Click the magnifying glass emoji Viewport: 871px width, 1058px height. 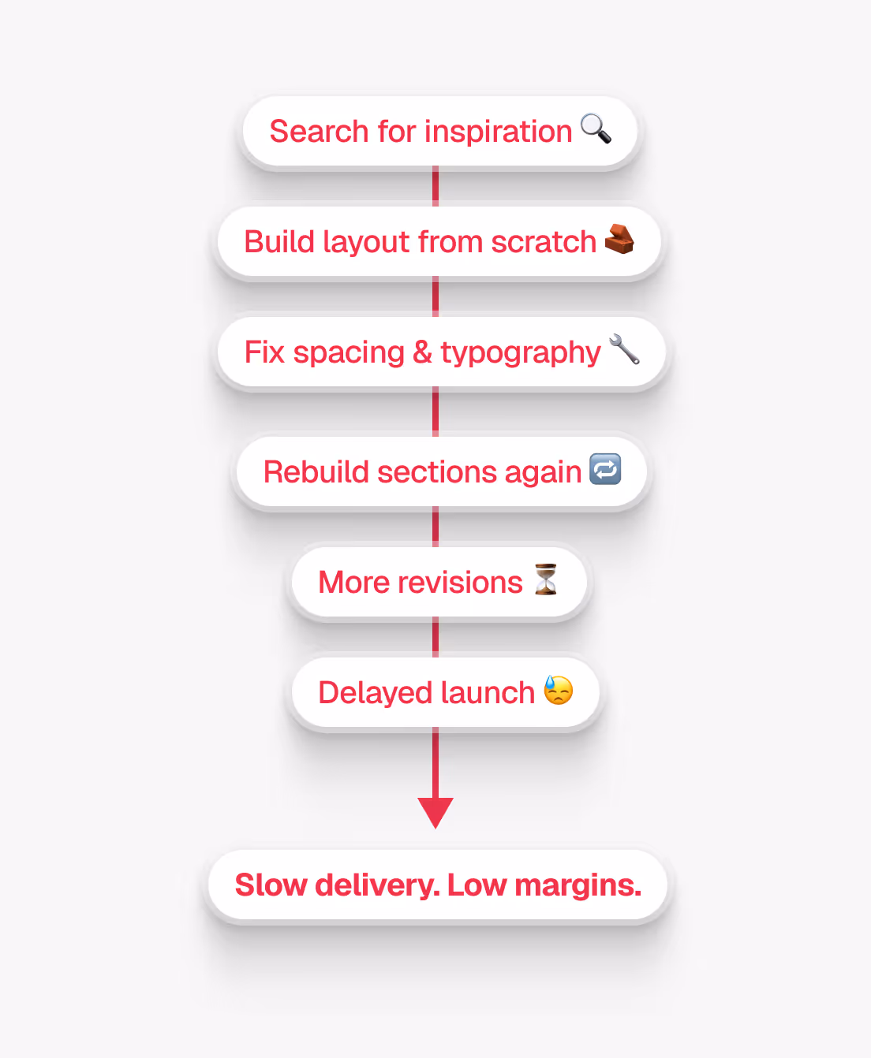coord(596,129)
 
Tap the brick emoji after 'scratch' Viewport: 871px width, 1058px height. coord(619,239)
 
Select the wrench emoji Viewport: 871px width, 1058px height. coord(624,349)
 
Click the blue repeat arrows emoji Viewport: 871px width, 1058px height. coord(605,470)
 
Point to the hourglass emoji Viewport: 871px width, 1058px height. coord(546,579)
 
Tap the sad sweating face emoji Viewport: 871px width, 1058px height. coord(559,690)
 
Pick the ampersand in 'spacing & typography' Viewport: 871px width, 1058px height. coord(422,352)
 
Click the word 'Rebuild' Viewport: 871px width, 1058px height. coord(316,472)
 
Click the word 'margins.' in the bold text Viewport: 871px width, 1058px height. coord(578,885)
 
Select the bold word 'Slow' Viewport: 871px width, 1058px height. coord(271,885)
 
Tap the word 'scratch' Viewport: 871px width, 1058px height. coord(544,242)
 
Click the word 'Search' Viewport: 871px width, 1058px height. coord(320,132)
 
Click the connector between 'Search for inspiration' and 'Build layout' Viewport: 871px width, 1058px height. coord(435,187)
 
